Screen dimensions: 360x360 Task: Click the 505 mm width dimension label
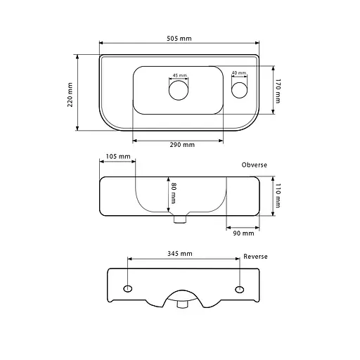(x=179, y=39)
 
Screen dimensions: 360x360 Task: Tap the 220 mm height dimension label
(x=70, y=95)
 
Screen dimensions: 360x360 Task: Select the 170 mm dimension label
(x=278, y=91)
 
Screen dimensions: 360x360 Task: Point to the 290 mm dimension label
(x=182, y=145)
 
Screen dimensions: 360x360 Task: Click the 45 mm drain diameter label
(x=180, y=75)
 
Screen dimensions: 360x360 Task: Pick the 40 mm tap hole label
(x=239, y=73)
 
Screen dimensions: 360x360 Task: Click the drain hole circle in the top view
(x=179, y=90)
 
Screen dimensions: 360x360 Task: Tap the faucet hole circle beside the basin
(x=239, y=90)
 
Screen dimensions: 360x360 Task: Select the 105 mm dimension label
(x=118, y=156)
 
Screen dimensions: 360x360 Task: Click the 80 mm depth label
(x=174, y=193)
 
